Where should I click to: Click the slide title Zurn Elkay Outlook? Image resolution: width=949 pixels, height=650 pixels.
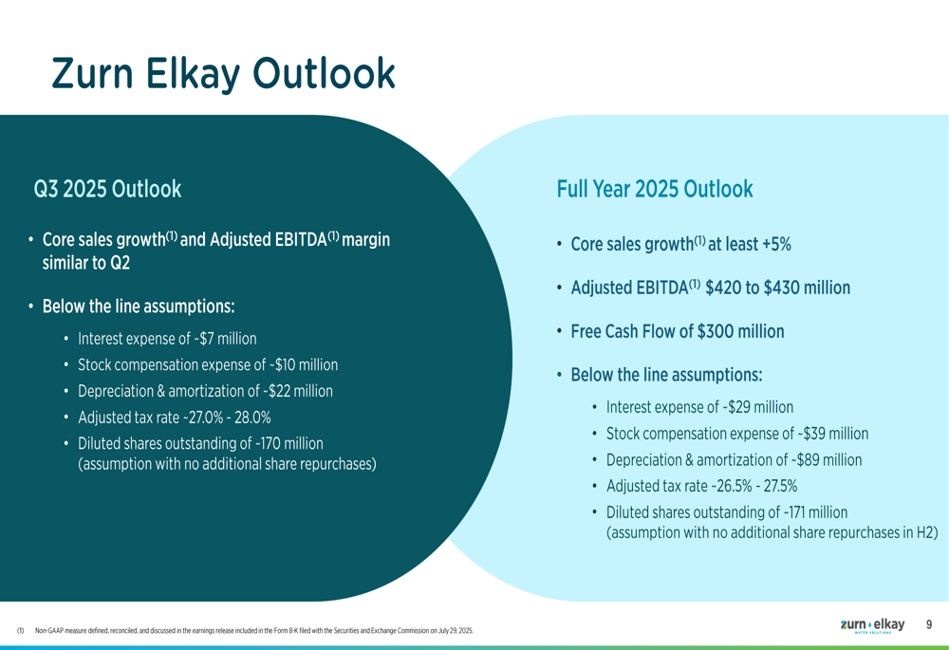pos(223,74)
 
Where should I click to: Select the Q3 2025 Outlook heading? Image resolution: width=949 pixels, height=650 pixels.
pos(108,189)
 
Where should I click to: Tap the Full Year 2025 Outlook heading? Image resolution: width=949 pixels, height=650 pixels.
pos(655,189)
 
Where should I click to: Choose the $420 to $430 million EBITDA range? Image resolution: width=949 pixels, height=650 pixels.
pos(778,288)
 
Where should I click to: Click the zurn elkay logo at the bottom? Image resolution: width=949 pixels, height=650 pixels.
pos(873,625)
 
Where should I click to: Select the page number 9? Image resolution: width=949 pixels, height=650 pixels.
pos(929,624)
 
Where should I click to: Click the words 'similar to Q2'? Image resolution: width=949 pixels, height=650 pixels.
pos(86,263)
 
